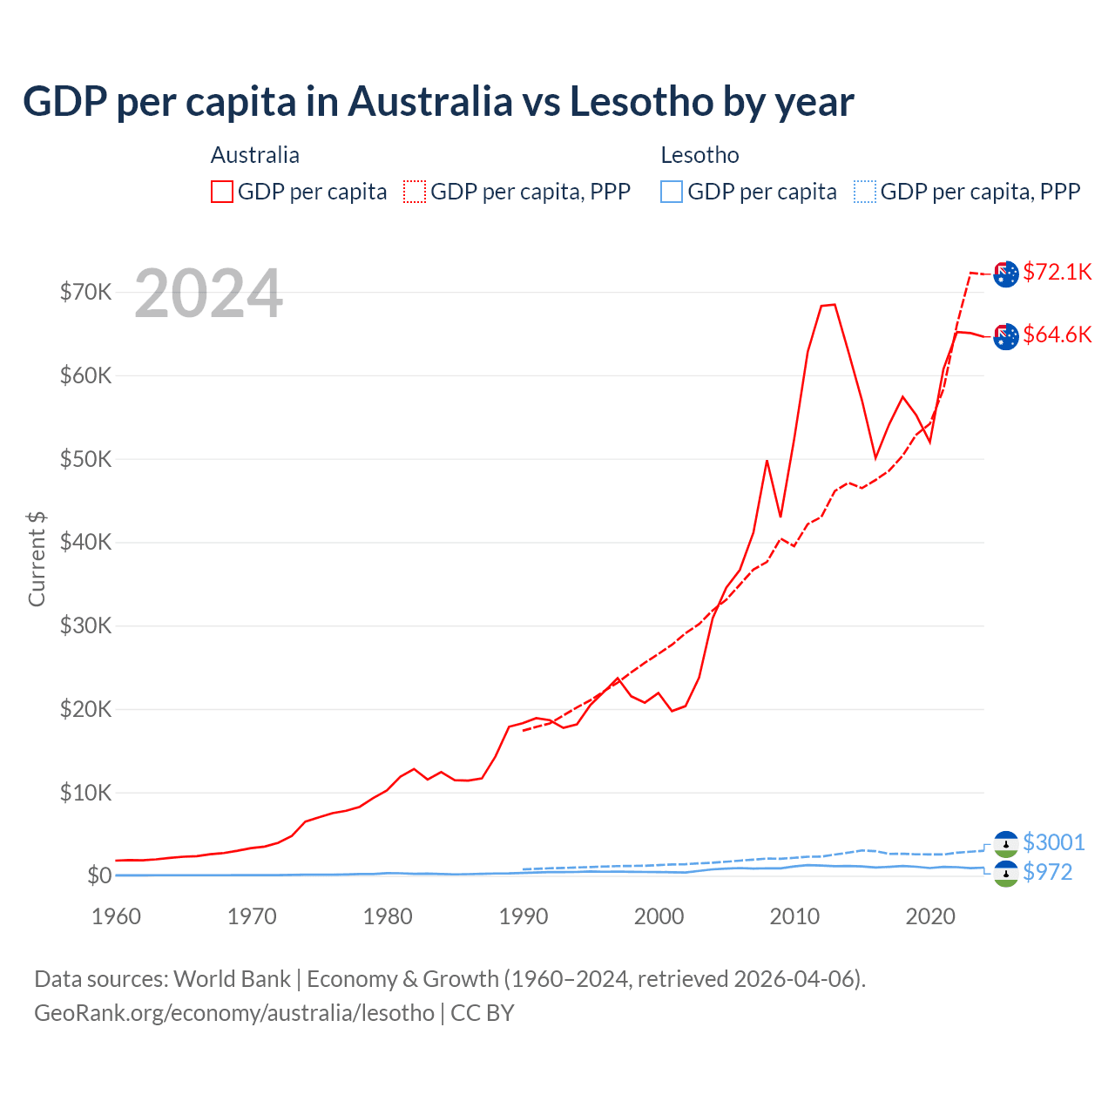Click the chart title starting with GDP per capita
[x=438, y=102]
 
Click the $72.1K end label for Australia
[x=1057, y=272]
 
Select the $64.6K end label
[x=1057, y=334]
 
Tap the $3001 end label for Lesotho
[x=1053, y=842]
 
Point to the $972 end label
[x=1047, y=872]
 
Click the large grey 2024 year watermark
[x=208, y=294]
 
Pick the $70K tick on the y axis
[x=85, y=292]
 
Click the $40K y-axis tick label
[x=85, y=543]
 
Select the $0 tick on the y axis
[x=98, y=875]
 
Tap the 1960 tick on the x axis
[x=116, y=916]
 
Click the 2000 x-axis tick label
[x=659, y=916]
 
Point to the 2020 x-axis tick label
[x=930, y=916]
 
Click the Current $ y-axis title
[x=37, y=558]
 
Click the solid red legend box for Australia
[x=222, y=192]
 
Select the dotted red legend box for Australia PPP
[x=415, y=192]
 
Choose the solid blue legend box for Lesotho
[x=672, y=192]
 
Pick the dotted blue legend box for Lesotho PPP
[x=865, y=192]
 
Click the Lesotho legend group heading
[x=699, y=155]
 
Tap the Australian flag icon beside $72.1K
[x=1006, y=274]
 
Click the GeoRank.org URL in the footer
[x=234, y=1013]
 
